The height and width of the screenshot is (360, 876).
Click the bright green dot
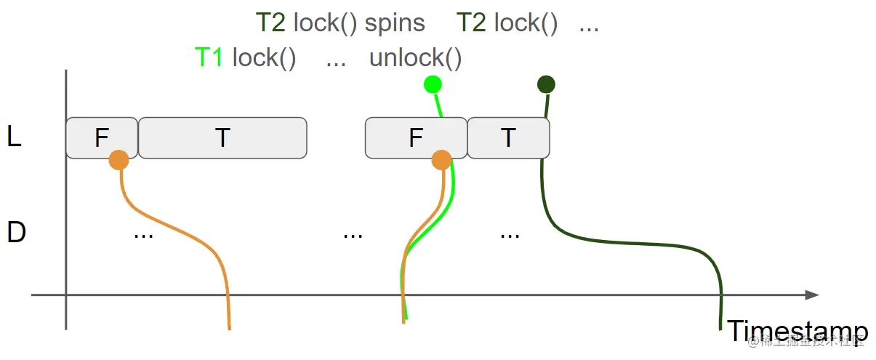(433, 84)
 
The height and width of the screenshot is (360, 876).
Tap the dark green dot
(546, 84)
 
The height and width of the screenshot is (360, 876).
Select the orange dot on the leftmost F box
(118, 160)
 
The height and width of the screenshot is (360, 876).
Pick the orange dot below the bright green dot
(441, 160)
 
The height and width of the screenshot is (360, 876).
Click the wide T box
(222, 137)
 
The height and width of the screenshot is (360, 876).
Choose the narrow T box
(508, 137)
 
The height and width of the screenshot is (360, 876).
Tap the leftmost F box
(102, 137)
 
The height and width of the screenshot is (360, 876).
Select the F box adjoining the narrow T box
(415, 137)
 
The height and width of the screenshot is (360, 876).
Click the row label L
(14, 137)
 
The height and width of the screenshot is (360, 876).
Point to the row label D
(16, 233)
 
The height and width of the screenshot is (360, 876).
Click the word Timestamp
(797, 332)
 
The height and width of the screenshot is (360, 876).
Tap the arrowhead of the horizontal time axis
(812, 295)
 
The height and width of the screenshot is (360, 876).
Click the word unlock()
(415, 58)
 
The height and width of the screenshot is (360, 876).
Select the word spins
(395, 23)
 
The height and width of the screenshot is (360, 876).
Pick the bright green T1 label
(209, 58)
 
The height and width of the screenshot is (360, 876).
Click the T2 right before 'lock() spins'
(270, 23)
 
